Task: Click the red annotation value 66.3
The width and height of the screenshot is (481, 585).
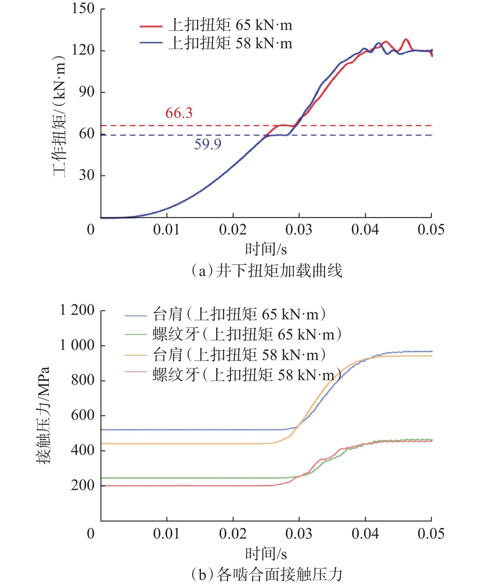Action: click(x=179, y=113)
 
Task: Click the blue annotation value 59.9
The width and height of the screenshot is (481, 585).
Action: click(x=208, y=144)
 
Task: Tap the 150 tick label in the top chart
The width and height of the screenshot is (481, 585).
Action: click(x=83, y=9)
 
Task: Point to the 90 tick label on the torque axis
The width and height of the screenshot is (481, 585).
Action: click(x=87, y=92)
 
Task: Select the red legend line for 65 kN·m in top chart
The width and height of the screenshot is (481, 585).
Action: click(x=151, y=27)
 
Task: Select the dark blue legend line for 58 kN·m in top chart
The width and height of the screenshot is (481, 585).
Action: click(x=151, y=43)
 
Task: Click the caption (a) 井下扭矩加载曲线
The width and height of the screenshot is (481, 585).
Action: click(x=266, y=271)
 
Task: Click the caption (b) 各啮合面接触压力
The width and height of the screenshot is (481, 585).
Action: click(x=266, y=574)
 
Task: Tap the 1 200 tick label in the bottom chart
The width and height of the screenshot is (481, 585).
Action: click(x=77, y=310)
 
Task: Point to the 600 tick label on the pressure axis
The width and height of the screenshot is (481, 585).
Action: click(x=82, y=415)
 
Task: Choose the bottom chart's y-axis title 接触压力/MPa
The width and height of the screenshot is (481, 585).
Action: click(x=43, y=415)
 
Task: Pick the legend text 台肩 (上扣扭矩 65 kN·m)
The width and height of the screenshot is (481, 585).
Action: click(x=239, y=314)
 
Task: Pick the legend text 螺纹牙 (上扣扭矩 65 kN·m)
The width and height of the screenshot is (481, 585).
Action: click(x=247, y=335)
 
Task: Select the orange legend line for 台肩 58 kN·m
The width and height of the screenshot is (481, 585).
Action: click(x=136, y=355)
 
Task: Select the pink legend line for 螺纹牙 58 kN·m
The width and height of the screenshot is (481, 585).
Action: click(x=136, y=372)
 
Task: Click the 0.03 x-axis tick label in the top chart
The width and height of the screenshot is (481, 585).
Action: click(x=299, y=230)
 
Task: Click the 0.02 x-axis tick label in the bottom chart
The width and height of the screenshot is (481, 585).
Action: click(x=233, y=534)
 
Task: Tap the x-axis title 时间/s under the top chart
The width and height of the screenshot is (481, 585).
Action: click(x=266, y=249)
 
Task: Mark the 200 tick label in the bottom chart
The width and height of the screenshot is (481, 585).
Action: click(x=82, y=485)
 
